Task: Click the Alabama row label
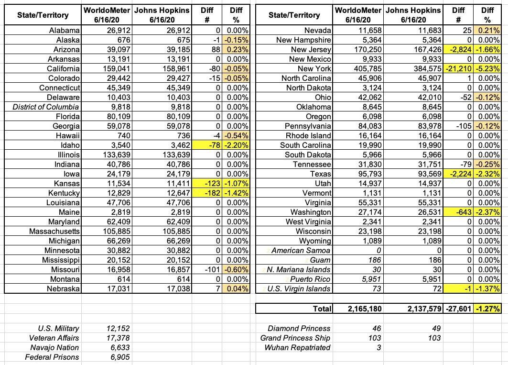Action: coord(64,31)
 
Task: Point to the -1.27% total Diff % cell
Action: coord(487,309)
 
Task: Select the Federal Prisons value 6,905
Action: coord(117,357)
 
